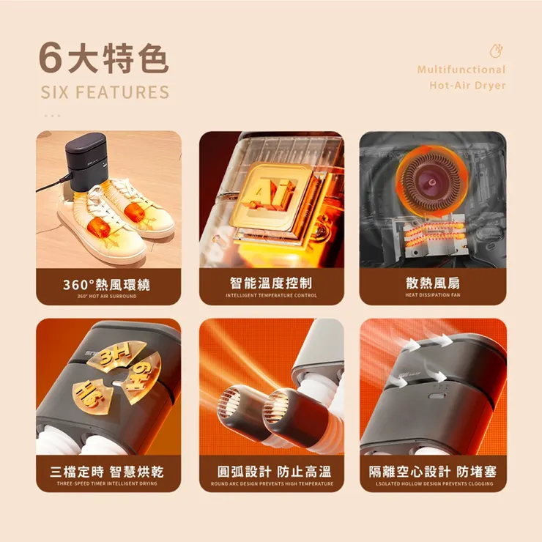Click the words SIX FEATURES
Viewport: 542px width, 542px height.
(x=105, y=92)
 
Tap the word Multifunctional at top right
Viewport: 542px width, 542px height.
(x=461, y=70)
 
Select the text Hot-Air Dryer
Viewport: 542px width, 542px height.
(x=467, y=86)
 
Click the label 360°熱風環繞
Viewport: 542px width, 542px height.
(x=107, y=283)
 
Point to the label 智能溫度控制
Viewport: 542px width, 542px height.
(x=271, y=283)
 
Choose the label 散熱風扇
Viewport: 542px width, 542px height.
(x=432, y=283)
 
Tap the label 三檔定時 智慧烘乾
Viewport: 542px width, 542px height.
(x=107, y=472)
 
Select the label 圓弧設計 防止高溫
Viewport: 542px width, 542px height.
(x=271, y=472)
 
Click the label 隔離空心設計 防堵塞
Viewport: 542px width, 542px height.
(x=432, y=472)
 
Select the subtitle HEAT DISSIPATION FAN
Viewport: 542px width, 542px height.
(x=432, y=295)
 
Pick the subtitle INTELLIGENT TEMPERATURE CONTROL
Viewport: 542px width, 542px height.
(x=271, y=295)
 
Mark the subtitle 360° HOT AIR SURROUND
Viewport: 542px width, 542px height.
(x=107, y=296)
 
